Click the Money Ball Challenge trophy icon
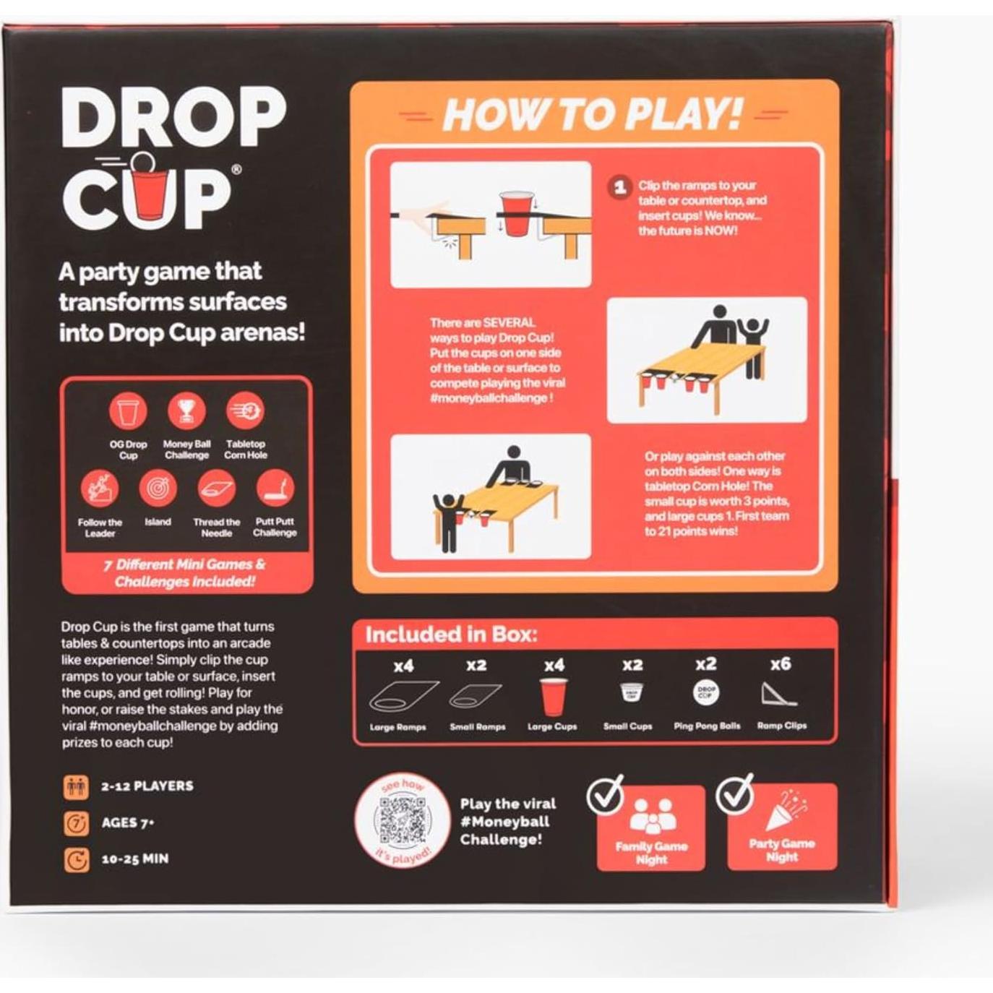click(x=186, y=411)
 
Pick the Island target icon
click(x=158, y=489)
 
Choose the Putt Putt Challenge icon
click(x=275, y=489)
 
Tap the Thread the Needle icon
click(x=216, y=489)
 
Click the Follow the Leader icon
click(x=100, y=489)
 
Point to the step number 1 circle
click(x=619, y=188)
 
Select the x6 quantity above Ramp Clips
click(x=781, y=664)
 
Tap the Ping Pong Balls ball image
click(x=706, y=692)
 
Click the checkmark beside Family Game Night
click(x=606, y=795)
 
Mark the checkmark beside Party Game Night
click(x=734, y=794)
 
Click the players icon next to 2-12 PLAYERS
click(x=77, y=786)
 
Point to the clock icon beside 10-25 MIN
click(x=77, y=860)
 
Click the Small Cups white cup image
click(x=631, y=692)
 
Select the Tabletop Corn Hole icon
click(x=245, y=411)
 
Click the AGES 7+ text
click(x=128, y=822)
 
